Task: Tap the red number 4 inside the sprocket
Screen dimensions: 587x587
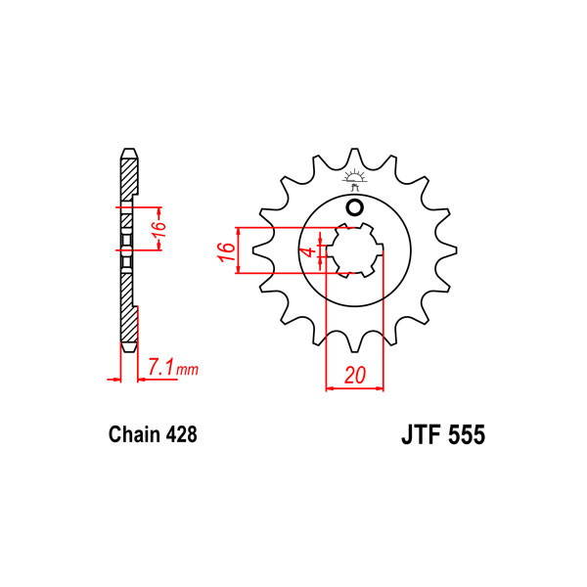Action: coord(310,251)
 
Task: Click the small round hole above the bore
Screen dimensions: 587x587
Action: coord(354,207)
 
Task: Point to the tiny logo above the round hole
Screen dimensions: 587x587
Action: coord(354,180)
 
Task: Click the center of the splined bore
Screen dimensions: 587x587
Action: coord(354,251)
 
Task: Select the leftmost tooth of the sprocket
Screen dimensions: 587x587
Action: coord(258,251)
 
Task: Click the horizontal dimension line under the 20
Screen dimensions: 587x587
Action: coord(354,388)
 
